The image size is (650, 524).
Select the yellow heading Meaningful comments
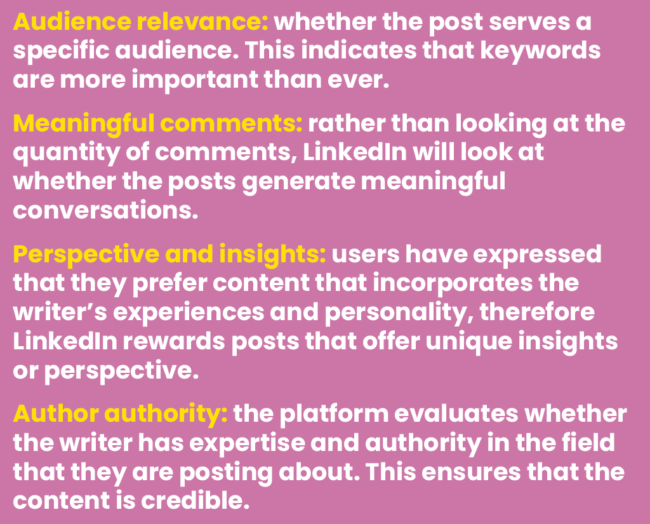pos(157,123)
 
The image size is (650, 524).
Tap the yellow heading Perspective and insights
pos(169,255)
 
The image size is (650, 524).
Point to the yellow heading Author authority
pos(121,415)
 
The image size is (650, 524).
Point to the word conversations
pos(102,209)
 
